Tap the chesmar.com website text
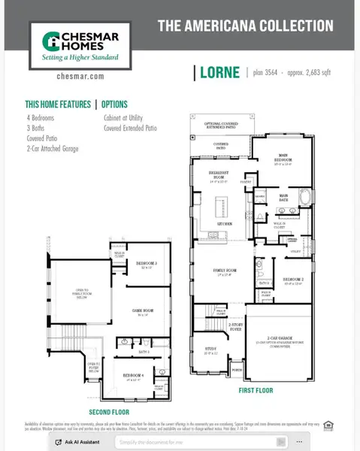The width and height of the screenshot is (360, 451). click(x=68, y=76)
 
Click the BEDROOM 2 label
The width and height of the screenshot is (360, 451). click(x=292, y=281)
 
